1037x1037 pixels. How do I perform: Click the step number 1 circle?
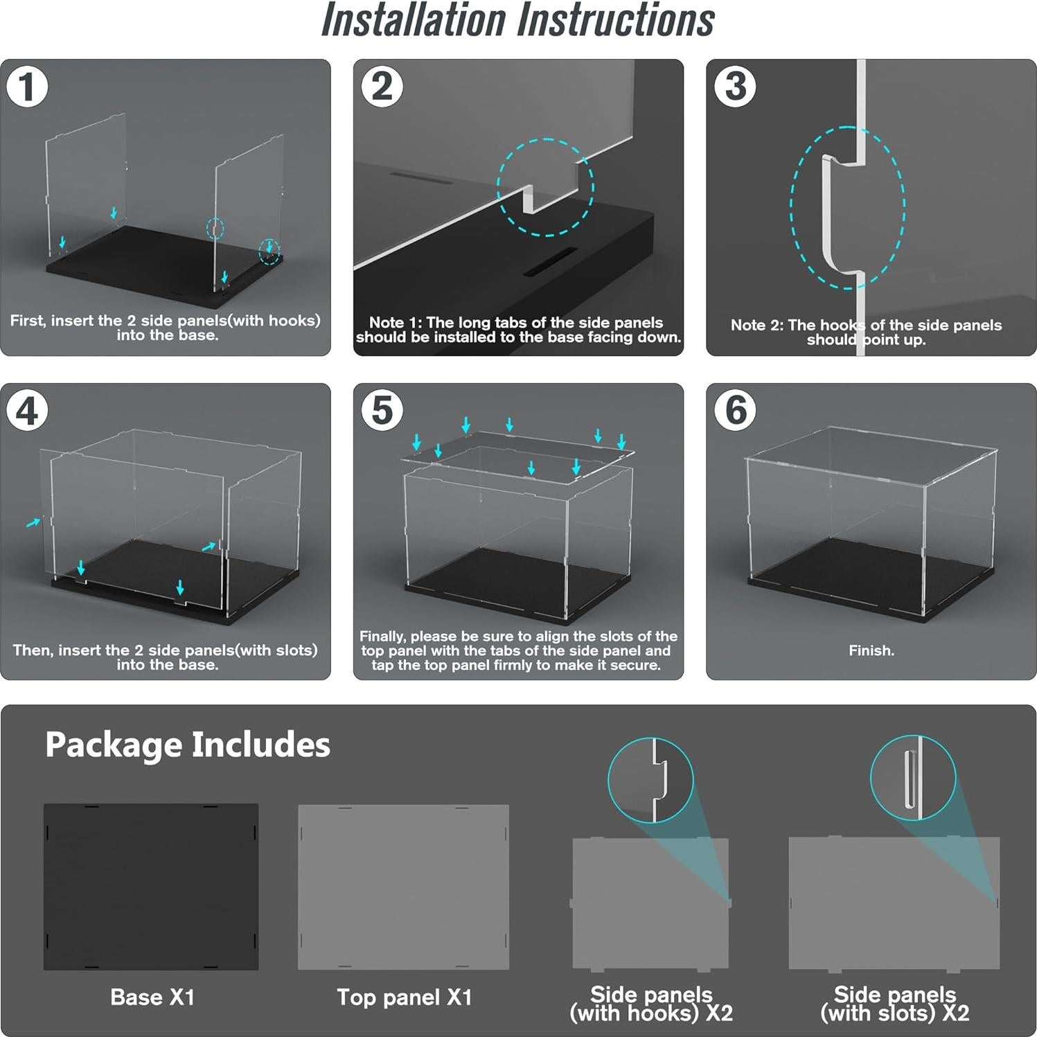tap(27, 87)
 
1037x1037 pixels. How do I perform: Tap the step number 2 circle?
tap(382, 87)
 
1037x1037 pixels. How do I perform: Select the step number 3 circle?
tap(735, 87)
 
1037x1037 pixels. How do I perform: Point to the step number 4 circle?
tap(27, 411)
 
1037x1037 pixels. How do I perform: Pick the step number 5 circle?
tap(382, 410)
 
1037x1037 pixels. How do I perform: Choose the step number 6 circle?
tap(735, 410)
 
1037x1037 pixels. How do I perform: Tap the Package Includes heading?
tap(188, 745)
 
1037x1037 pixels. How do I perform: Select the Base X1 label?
tap(152, 997)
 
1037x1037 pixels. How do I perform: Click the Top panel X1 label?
tap(405, 997)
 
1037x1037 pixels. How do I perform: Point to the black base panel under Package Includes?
tap(151, 887)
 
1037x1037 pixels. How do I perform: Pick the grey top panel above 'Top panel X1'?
tap(404, 887)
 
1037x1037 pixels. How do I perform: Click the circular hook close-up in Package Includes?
tap(650, 780)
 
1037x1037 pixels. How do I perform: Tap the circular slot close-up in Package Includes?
tap(913, 778)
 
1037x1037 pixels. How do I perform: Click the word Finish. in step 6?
tap(871, 650)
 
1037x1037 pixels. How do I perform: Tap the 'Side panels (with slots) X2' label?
tap(895, 1004)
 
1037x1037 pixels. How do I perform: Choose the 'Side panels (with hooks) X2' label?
tap(651, 1004)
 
